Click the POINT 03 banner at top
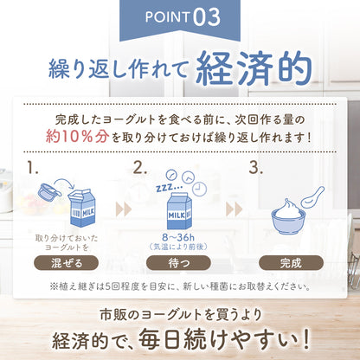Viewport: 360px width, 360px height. [x=179, y=16]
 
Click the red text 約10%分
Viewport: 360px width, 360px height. [x=84, y=136]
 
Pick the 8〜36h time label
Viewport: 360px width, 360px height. [x=179, y=235]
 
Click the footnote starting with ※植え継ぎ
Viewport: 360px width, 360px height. [x=179, y=286]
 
